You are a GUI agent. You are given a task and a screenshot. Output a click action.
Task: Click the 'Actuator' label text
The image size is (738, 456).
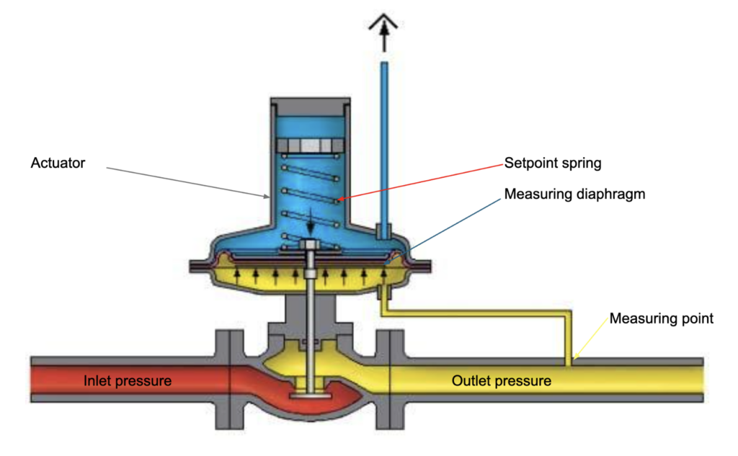coord(58,164)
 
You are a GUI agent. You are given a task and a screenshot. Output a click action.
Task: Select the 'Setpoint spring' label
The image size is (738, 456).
coord(553,164)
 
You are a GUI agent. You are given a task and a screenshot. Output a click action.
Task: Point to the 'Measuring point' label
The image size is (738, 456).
coord(662,318)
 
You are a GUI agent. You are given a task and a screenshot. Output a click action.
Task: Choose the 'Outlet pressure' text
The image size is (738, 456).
coord(502,380)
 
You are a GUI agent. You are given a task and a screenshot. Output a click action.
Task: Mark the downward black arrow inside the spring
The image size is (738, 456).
coord(310,220)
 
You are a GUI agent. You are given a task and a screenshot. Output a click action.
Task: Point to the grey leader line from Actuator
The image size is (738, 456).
coord(187,181)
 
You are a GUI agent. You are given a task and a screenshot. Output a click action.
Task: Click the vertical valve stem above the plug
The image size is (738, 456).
coord(309,331)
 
